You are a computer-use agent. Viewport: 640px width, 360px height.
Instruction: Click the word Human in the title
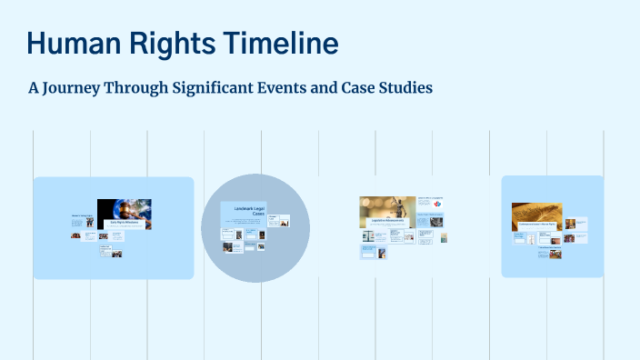[x=72, y=43]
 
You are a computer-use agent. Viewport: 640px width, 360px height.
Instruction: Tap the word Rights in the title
[x=168, y=43]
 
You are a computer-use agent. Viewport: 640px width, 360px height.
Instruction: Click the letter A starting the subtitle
[x=35, y=89]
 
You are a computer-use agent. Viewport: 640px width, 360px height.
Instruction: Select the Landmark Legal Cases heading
[x=243, y=212]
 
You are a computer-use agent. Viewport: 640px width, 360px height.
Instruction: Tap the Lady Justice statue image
[x=386, y=207]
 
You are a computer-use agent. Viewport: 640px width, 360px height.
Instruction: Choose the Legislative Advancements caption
[x=386, y=221]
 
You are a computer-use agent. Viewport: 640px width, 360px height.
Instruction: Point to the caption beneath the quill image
[x=536, y=223]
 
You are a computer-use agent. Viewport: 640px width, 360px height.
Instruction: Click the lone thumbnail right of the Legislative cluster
[x=444, y=238]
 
